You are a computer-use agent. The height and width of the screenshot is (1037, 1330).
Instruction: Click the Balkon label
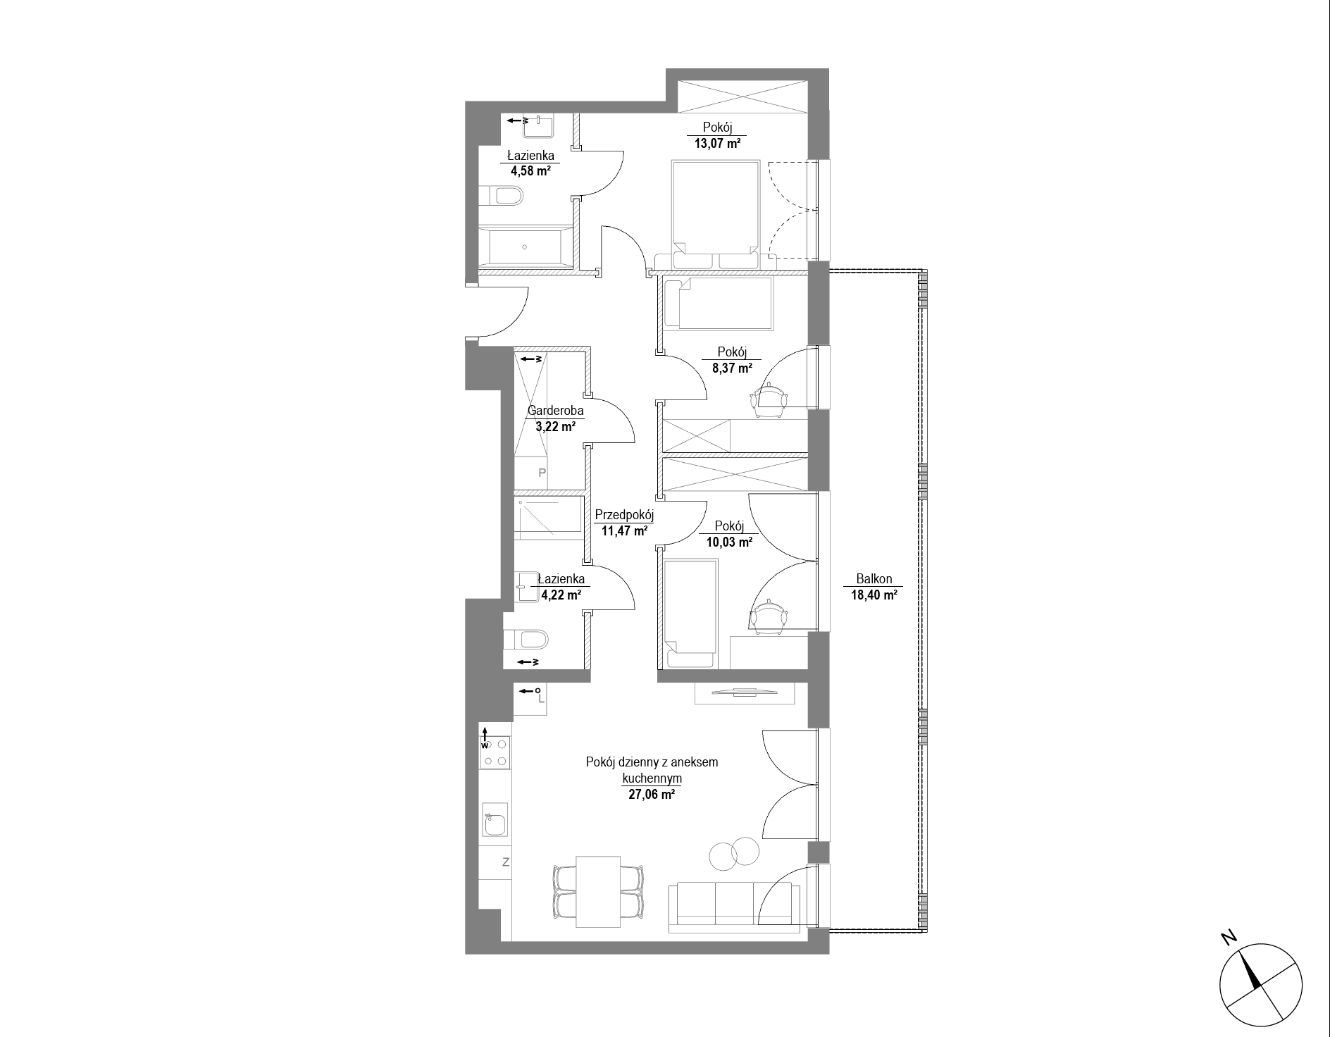pyautogui.click(x=874, y=579)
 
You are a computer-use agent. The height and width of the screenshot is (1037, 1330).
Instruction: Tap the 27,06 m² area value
pyautogui.click(x=652, y=795)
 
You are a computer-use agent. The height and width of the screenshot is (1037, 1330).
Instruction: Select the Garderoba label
pyautogui.click(x=556, y=411)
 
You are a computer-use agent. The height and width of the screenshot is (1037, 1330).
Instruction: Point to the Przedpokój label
pyautogui.click(x=624, y=515)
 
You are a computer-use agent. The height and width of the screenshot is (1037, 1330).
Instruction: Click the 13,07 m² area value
pyautogui.click(x=716, y=143)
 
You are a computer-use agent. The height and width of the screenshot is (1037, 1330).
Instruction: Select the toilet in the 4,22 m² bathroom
pyautogui.click(x=526, y=640)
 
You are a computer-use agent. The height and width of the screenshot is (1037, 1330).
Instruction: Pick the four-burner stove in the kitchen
pyautogui.click(x=495, y=752)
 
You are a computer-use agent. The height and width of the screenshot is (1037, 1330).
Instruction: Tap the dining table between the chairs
pyautogui.click(x=598, y=891)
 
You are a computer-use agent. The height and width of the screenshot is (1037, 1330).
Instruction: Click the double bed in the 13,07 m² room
pyautogui.click(x=713, y=214)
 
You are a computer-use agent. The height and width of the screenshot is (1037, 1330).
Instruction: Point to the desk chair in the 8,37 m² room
pyautogui.click(x=769, y=399)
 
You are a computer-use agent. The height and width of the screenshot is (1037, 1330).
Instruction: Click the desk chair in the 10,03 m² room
pyautogui.click(x=769, y=614)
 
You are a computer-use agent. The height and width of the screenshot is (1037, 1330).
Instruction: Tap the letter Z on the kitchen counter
pyautogui.click(x=506, y=862)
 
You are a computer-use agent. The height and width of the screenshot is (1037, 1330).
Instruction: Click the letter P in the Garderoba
pyautogui.click(x=542, y=473)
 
